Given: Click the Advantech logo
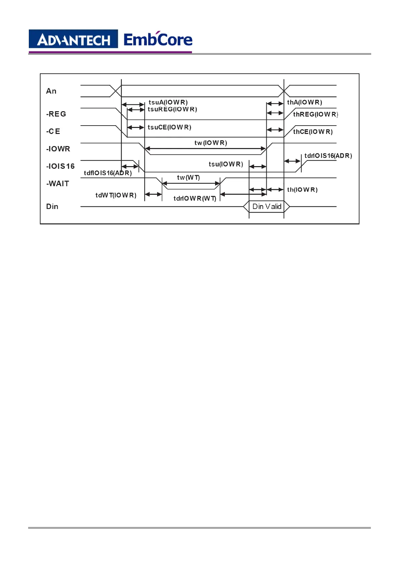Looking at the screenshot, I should pos(73,40).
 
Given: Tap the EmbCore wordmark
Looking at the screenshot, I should pos(158,40).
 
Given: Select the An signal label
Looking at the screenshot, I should pos(51,91).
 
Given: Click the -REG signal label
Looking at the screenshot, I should pos(56,114).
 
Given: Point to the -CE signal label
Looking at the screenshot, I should pos(53,131).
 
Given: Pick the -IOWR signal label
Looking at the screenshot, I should pos(58,149).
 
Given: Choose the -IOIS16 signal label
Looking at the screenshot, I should pos(60,166).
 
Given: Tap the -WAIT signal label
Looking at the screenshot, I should pos(58,184).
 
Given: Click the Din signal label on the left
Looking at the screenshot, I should pos(52,206).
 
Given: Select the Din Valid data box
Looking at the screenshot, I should pos(267,207).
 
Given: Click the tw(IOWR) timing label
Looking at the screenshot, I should pos(211,143).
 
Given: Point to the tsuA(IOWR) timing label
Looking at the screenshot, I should pos(168,102).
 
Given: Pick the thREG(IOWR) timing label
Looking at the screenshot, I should pos(315,114).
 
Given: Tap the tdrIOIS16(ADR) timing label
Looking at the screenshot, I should pos(328,156).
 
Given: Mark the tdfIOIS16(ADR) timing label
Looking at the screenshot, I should pos(108,173).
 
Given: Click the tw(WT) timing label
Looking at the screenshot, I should pos(188,178).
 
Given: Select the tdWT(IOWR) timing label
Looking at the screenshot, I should pos(116,195).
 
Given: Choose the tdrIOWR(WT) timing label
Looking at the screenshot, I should pos(195,198).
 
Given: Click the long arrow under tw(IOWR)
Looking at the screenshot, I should pos(205,148).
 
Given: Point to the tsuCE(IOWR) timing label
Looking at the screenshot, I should pos(170,127).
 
